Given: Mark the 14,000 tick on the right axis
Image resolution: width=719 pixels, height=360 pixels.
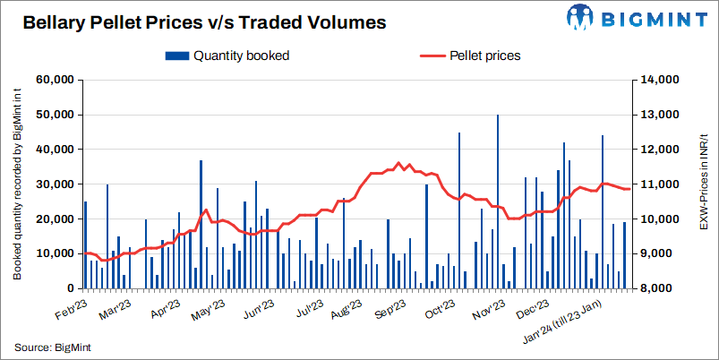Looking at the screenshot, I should coord(661,80).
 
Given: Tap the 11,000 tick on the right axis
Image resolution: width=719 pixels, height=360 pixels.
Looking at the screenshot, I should coord(661,184).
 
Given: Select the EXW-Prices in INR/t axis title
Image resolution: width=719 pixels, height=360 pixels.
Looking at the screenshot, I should coord(703,184).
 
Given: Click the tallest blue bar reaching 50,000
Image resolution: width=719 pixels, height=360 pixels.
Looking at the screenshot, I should coord(497,201).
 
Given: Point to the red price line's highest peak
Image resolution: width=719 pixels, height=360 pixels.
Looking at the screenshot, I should coord(398,163).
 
